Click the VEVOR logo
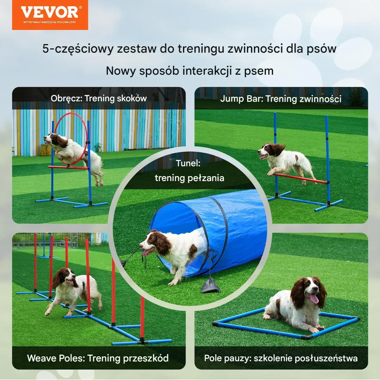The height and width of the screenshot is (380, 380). click(50, 15)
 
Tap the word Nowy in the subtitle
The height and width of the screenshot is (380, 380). click(121, 71)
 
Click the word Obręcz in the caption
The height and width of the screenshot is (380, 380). click(66, 98)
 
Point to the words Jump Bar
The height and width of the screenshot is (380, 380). click(242, 99)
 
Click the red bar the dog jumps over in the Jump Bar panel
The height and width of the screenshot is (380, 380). click(300, 178)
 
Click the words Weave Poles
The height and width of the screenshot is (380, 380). click(56, 358)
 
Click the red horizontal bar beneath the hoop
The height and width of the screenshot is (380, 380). click(69, 168)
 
